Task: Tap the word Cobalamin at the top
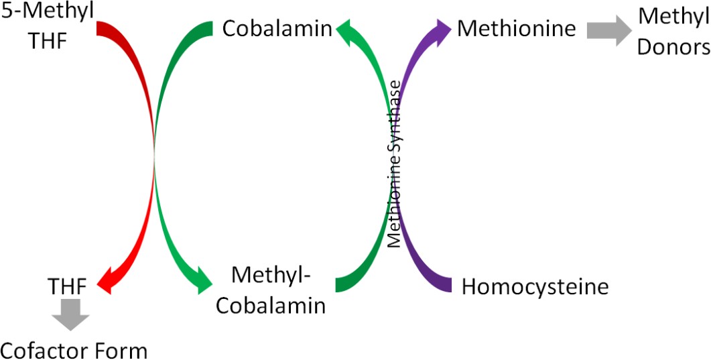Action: pos(277,29)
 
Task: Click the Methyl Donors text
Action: pos(672,31)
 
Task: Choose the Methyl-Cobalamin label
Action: pos(277,290)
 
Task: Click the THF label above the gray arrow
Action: pos(67,287)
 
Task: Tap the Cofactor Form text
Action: pos(73,349)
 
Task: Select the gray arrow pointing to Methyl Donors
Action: pos(608,30)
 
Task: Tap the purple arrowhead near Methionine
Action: pos(441,30)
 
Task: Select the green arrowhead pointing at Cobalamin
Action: pos(346,31)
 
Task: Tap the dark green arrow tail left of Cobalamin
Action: pos(204,30)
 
